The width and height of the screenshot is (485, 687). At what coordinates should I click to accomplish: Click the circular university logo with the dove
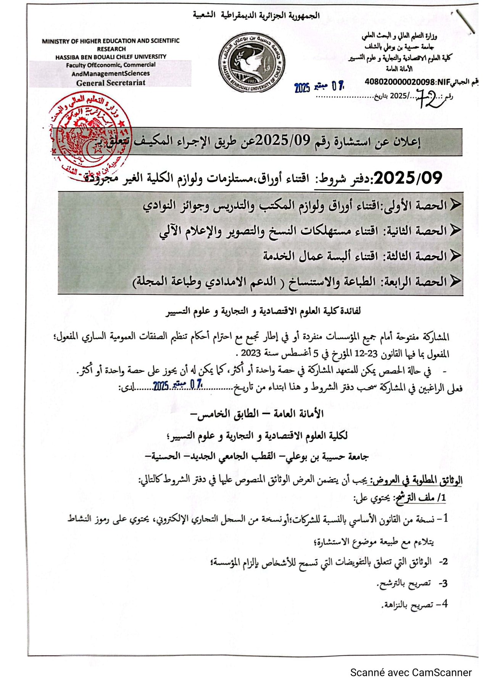click(x=252, y=62)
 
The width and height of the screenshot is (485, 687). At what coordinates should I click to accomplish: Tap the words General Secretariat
click(x=111, y=83)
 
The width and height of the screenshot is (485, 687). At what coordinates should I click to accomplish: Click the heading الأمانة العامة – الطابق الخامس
click(x=257, y=414)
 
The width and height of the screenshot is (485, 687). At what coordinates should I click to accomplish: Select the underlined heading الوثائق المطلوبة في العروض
click(x=415, y=480)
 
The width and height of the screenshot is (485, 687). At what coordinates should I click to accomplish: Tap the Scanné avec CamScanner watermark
click(x=411, y=672)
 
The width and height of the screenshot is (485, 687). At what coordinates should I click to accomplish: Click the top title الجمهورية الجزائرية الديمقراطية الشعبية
click(x=256, y=16)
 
